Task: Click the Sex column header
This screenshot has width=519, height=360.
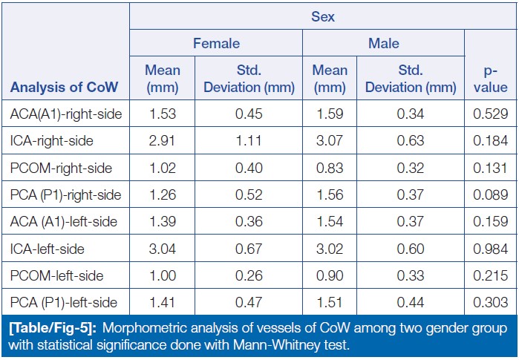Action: pos(323,16)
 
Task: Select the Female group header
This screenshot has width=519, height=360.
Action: pos(216,43)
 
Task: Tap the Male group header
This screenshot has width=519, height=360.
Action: pos(383,43)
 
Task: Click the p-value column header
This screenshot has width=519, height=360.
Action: pos(490,78)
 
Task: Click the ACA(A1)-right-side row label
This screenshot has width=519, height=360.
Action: pos(66,114)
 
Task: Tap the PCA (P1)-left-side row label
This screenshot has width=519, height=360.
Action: pos(66,302)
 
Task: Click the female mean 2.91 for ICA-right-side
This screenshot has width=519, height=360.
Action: pos(162,141)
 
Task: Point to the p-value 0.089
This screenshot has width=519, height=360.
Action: pos(491,194)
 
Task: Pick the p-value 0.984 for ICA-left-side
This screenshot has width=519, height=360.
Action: pos(491,248)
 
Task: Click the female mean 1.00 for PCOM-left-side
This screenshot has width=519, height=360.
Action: pos(162,275)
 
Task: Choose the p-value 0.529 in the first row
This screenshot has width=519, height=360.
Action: pos(491,114)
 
